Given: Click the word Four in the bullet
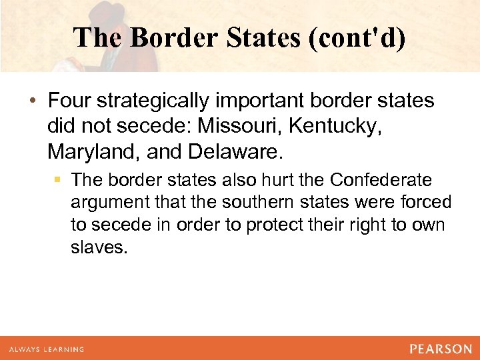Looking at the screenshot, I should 69,101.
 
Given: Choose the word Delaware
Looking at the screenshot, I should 235,153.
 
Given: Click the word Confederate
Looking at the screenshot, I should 381,180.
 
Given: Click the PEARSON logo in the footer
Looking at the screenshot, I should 441,349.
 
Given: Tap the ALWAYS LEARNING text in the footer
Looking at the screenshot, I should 47,349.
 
